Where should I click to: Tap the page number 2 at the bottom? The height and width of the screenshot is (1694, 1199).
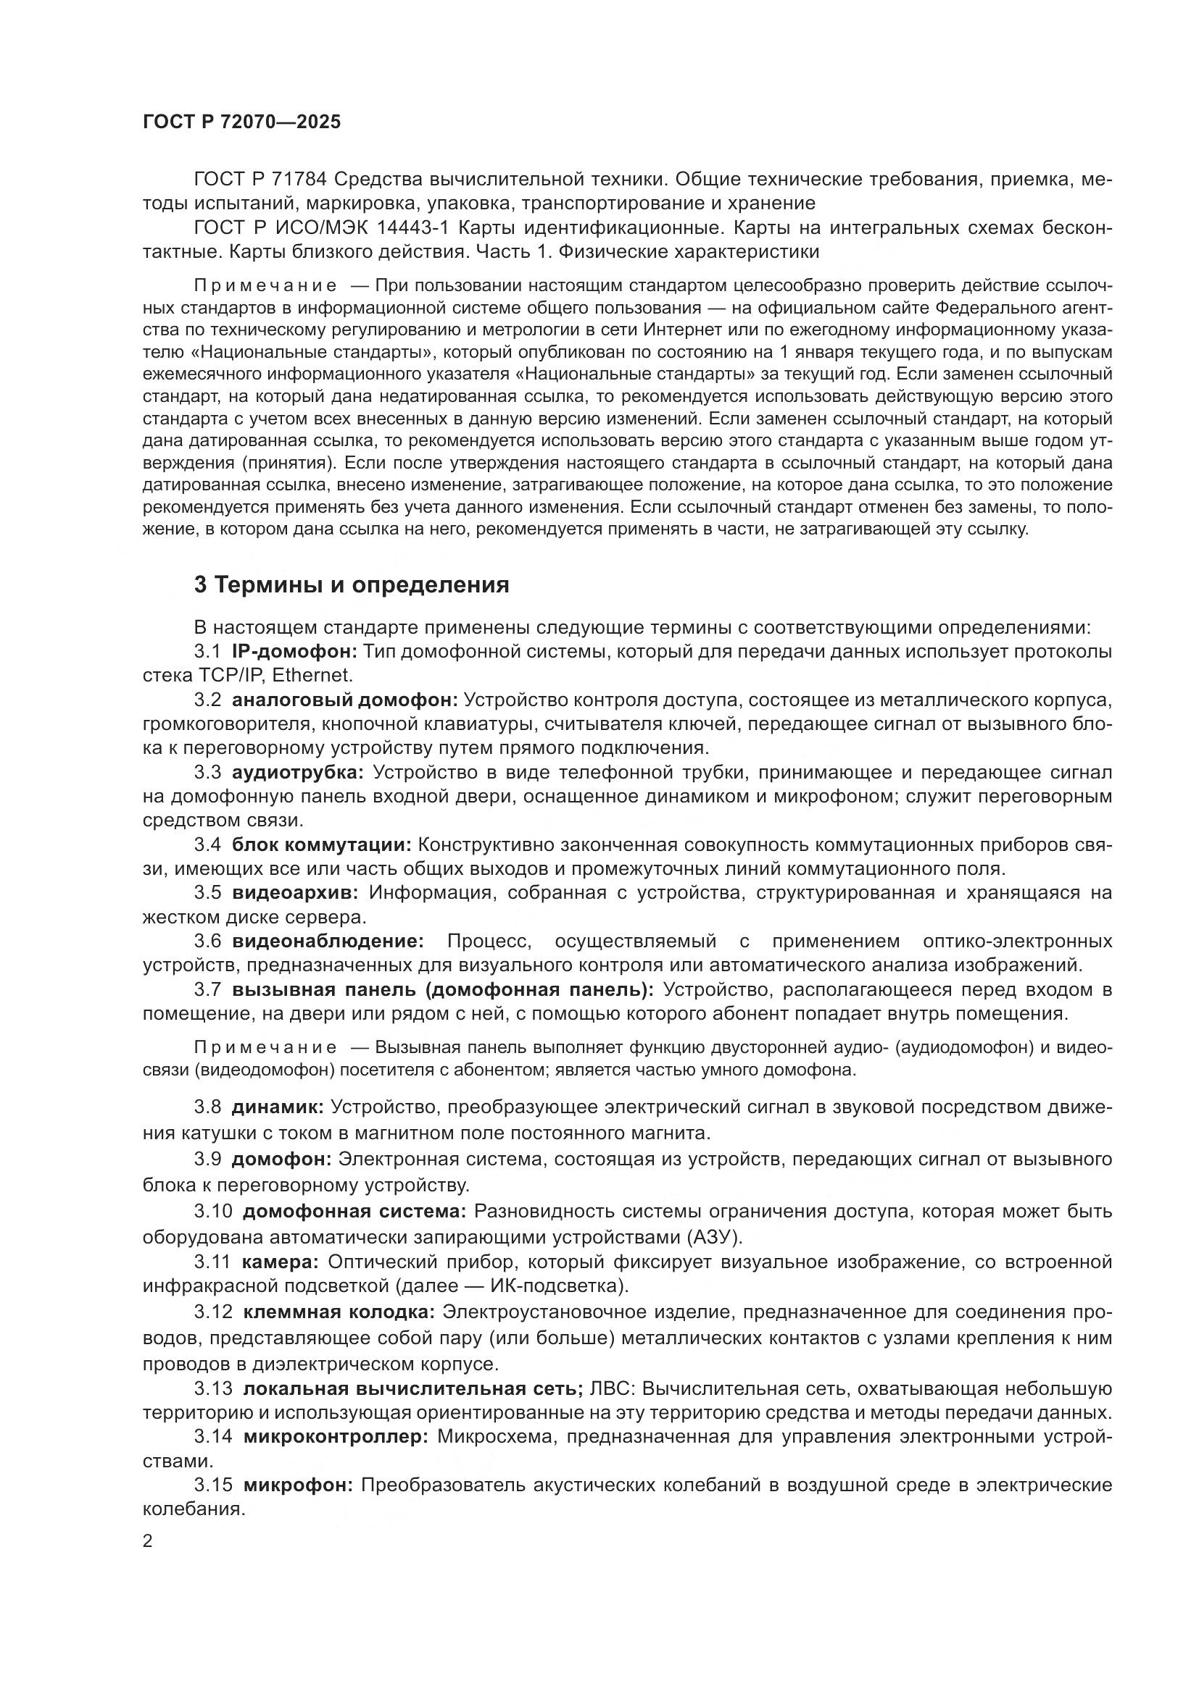click(x=148, y=1541)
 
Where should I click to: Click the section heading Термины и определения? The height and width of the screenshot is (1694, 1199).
click(x=352, y=585)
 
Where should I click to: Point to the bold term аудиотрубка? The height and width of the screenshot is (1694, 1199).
click(x=297, y=772)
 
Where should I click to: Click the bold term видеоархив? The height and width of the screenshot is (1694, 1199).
click(x=294, y=893)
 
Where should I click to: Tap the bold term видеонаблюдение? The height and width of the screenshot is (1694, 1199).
click(x=328, y=941)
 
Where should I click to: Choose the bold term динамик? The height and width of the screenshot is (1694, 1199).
click(x=278, y=1107)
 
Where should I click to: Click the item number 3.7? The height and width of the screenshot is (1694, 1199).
click(x=207, y=989)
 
